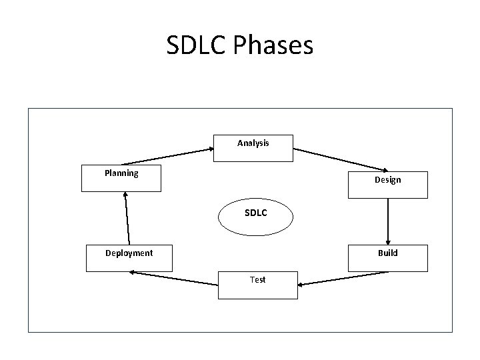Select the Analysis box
point(253,148)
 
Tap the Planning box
point(121,178)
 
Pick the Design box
point(387,181)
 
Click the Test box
point(258,285)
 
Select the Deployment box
point(129,258)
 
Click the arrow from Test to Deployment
point(175,278)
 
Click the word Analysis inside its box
point(253,143)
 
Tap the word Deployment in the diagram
point(129,253)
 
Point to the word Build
point(387,253)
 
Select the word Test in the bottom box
point(258,280)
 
